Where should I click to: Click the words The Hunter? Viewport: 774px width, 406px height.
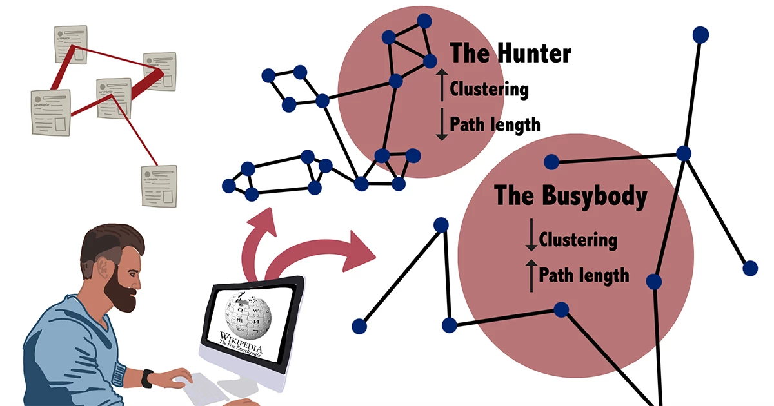[x=510, y=53]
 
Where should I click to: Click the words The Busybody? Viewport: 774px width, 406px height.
[x=570, y=196]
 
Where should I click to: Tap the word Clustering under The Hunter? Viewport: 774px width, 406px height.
[x=489, y=89]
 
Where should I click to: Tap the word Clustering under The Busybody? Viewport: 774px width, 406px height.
[x=578, y=240]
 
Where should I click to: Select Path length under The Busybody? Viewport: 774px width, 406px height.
[x=583, y=276]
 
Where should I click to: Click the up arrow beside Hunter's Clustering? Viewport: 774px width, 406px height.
[x=442, y=86]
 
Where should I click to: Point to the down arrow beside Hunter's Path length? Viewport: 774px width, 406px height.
[x=442, y=124]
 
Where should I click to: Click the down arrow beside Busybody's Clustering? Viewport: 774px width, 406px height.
[x=531, y=237]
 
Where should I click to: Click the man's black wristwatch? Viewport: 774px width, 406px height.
[x=148, y=378]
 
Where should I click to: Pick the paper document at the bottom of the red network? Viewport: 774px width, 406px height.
[x=159, y=186]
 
